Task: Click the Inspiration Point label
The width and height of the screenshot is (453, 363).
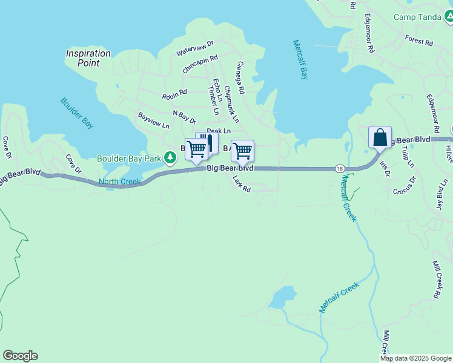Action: tap(88, 58)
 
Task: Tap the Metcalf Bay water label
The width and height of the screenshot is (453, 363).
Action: tap(300, 60)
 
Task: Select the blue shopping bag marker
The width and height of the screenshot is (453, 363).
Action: tap(380, 137)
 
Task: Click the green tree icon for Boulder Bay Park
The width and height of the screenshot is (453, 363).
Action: tap(171, 159)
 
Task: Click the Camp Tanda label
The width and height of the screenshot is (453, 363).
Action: tap(417, 17)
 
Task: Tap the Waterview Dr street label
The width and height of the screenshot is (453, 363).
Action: tap(195, 48)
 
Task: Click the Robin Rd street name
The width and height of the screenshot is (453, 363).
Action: tap(174, 95)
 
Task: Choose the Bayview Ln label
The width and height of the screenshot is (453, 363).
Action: tap(154, 120)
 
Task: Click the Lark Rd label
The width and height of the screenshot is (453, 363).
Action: tap(242, 188)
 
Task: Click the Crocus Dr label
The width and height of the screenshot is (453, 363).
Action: tap(405, 186)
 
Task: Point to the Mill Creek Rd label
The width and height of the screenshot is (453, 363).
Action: tap(436, 280)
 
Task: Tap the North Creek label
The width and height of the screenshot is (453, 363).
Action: tap(119, 181)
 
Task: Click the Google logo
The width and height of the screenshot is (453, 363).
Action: tap(20, 356)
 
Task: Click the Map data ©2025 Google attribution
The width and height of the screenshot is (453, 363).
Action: tap(415, 358)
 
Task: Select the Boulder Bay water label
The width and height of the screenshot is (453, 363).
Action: tap(77, 113)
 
